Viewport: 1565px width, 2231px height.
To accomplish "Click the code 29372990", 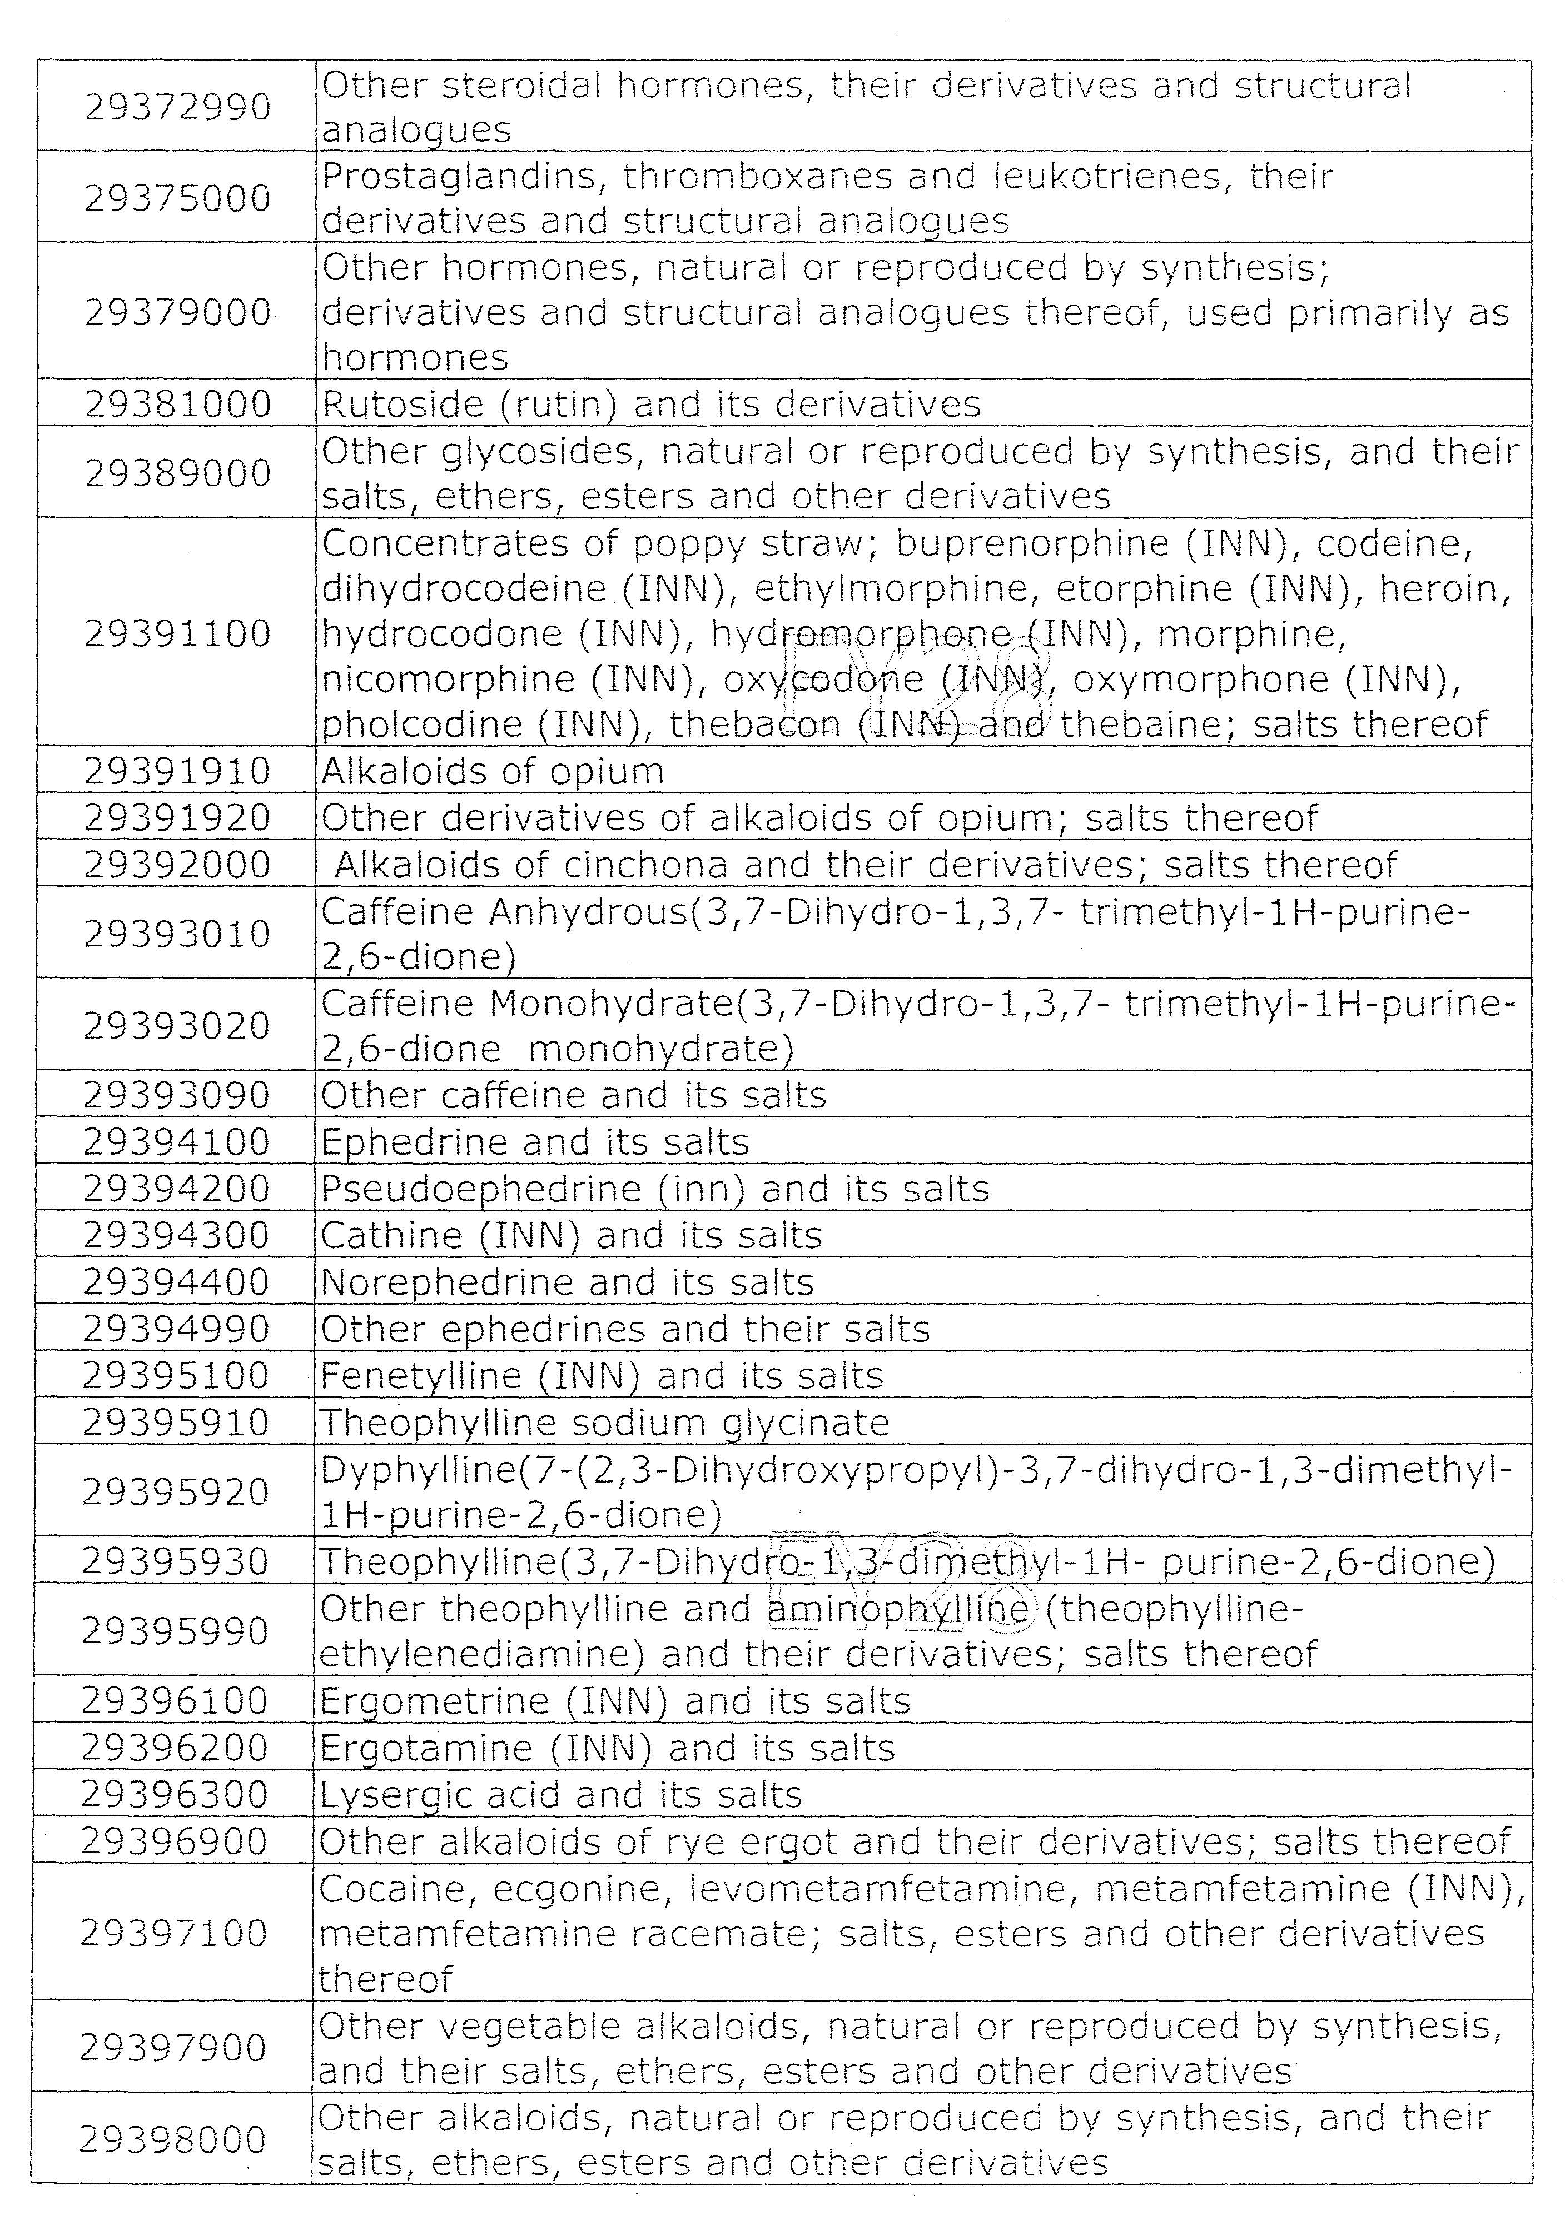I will (x=177, y=107).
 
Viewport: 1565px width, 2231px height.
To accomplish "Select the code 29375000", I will (x=177, y=198).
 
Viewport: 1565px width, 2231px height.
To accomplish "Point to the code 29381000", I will (x=177, y=404).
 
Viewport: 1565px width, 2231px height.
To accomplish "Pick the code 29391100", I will (x=177, y=633).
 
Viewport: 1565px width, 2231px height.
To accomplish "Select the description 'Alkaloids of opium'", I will (x=492, y=771).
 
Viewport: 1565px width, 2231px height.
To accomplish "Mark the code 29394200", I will (x=176, y=1189).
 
